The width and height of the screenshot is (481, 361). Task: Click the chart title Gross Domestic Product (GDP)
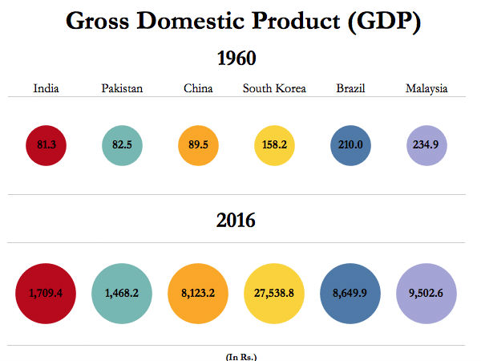pos(243,22)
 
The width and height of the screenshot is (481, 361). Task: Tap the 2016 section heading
pos(236,220)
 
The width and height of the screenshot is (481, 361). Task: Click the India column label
pos(46,88)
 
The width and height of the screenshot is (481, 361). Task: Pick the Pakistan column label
pos(122,88)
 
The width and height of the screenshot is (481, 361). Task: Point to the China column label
pos(198,88)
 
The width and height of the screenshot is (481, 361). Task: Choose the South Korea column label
pos(274,88)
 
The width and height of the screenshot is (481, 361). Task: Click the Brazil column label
pos(350,88)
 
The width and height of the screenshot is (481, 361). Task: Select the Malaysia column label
pos(426,88)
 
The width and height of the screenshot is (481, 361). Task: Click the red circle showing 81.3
pos(46,145)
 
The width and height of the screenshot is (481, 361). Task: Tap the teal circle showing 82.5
pos(122,145)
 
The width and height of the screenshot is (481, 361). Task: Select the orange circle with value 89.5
pos(198,145)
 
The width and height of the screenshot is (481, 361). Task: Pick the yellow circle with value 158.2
pos(274,145)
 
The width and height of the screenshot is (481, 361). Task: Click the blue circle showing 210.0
pos(350,145)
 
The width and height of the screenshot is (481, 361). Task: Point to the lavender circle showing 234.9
pos(426,145)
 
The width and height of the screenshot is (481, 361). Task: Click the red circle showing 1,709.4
pos(46,293)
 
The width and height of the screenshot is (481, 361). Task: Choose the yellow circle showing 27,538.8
pos(274,293)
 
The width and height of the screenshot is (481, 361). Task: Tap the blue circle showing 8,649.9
pos(350,293)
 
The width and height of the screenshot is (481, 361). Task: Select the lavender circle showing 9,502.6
pos(426,293)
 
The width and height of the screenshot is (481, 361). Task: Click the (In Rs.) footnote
pos(240,355)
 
